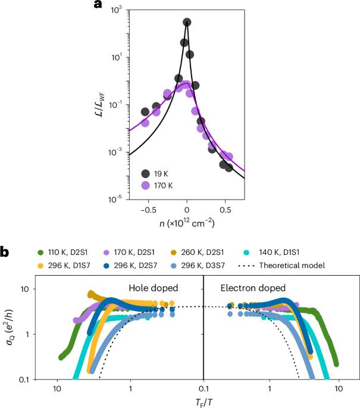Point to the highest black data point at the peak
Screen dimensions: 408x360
tap(187, 23)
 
